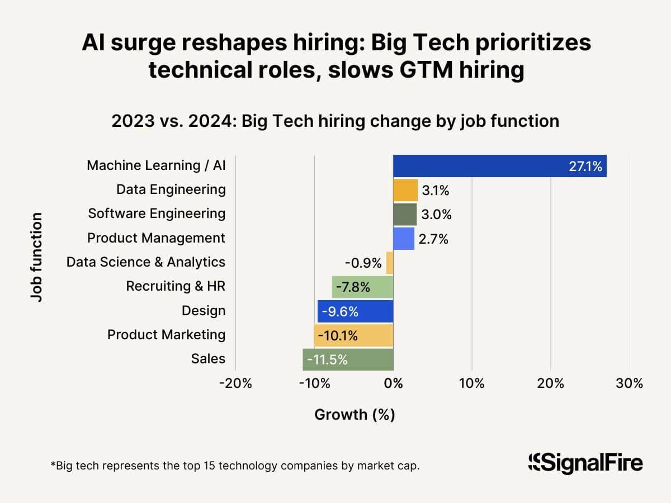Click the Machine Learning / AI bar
click(x=499, y=166)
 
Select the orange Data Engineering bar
click(x=405, y=190)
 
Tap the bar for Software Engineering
click(x=405, y=214)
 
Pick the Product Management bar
click(x=404, y=238)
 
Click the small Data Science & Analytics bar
click(x=390, y=262)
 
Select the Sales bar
click(x=348, y=359)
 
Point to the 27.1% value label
click(x=585, y=167)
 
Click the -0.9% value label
click(x=363, y=263)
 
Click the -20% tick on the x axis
click(x=235, y=384)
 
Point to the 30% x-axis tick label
click(x=629, y=384)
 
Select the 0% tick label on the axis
click(x=393, y=384)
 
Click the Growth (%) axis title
click(x=355, y=414)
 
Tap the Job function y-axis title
click(x=37, y=257)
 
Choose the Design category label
click(x=204, y=311)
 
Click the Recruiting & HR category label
click(x=176, y=287)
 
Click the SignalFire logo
click(x=585, y=463)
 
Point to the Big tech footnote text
click(x=235, y=465)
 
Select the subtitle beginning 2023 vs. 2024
click(x=335, y=121)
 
